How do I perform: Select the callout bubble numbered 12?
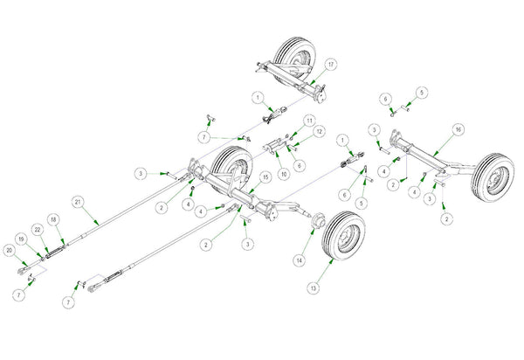tap(319, 132)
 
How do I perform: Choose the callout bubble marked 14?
tap(299, 260)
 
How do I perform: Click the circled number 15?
tap(253, 177)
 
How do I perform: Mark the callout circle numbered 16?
tap(458, 129)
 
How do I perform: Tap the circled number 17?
tap(331, 66)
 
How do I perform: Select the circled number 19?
tap(22, 238)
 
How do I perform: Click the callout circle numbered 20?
tap(10, 252)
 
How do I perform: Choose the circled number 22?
tap(38, 229)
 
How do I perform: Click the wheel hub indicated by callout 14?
tap(316, 230)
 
